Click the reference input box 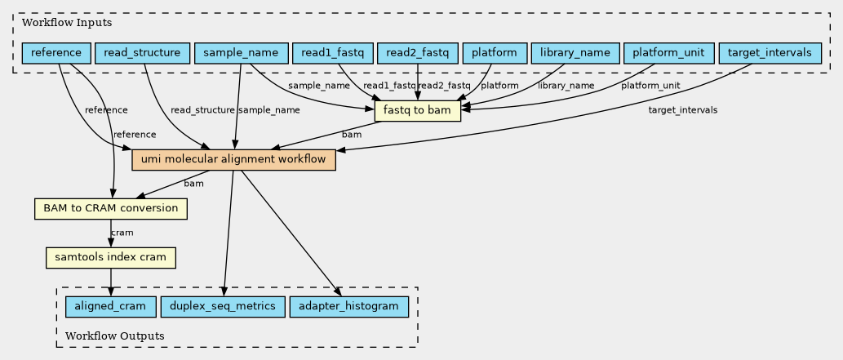(56, 53)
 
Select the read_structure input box (142, 53)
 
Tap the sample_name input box (241, 53)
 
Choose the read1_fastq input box (332, 53)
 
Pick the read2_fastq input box (418, 53)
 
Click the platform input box (494, 53)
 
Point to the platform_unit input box (669, 53)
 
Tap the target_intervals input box (770, 53)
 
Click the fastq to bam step (418, 112)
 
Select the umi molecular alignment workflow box (234, 160)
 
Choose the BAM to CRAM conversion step (111, 209)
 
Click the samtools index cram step (111, 258)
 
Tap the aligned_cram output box (111, 307)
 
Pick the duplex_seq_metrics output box (223, 307)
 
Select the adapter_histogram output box (349, 307)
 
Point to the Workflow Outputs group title (114, 336)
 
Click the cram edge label (122, 233)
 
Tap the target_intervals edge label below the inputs (683, 110)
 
